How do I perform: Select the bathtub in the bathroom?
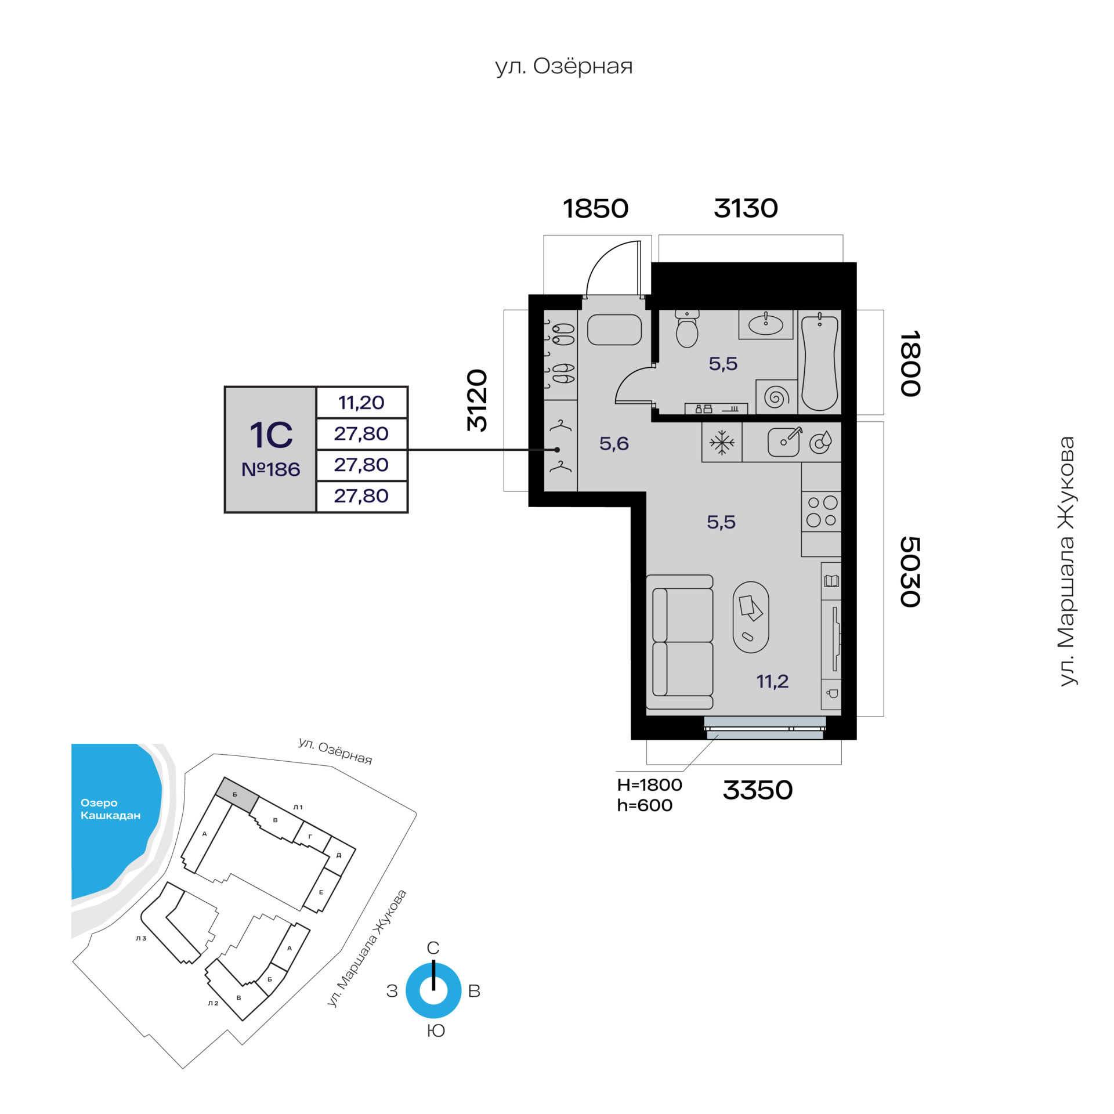click(x=819, y=362)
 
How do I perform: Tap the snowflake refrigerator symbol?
click(x=722, y=443)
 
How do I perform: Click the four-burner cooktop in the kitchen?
click(x=822, y=511)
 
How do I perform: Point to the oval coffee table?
click(x=751, y=617)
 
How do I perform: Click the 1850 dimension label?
click(x=595, y=208)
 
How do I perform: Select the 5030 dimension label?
click(x=910, y=572)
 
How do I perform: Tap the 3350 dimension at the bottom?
click(x=757, y=790)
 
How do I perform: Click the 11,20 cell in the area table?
click(x=361, y=402)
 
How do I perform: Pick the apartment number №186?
click(x=271, y=469)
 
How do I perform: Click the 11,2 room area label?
click(x=772, y=681)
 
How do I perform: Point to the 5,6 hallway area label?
click(x=614, y=444)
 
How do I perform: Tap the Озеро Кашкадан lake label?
click(x=110, y=809)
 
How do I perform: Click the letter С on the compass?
click(x=433, y=948)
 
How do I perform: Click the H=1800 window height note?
click(x=649, y=785)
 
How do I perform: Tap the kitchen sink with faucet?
click(x=784, y=442)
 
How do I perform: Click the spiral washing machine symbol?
click(x=776, y=397)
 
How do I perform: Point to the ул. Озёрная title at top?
click(x=564, y=67)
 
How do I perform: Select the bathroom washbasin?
click(x=766, y=324)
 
